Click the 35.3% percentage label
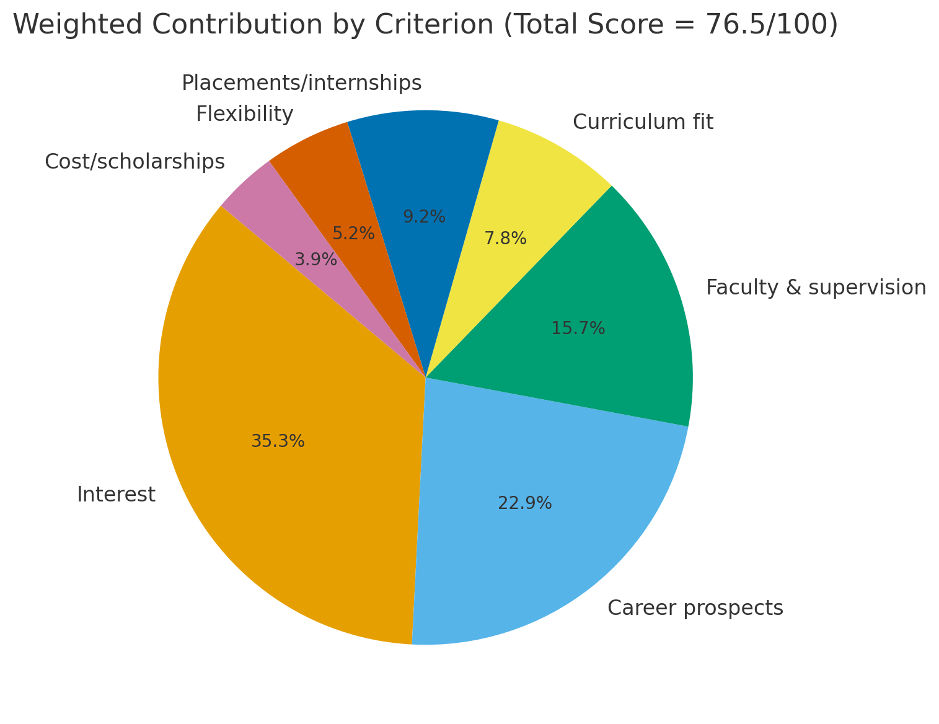click(278, 441)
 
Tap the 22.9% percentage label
click(524, 503)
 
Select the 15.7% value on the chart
click(578, 329)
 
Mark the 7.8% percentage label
click(505, 239)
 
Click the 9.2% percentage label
click(424, 217)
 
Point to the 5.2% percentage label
click(353, 234)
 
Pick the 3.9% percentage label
click(315, 260)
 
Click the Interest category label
click(116, 495)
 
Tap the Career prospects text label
click(695, 608)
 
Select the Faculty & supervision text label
click(816, 288)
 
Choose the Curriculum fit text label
click(643, 122)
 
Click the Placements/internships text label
click(301, 82)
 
